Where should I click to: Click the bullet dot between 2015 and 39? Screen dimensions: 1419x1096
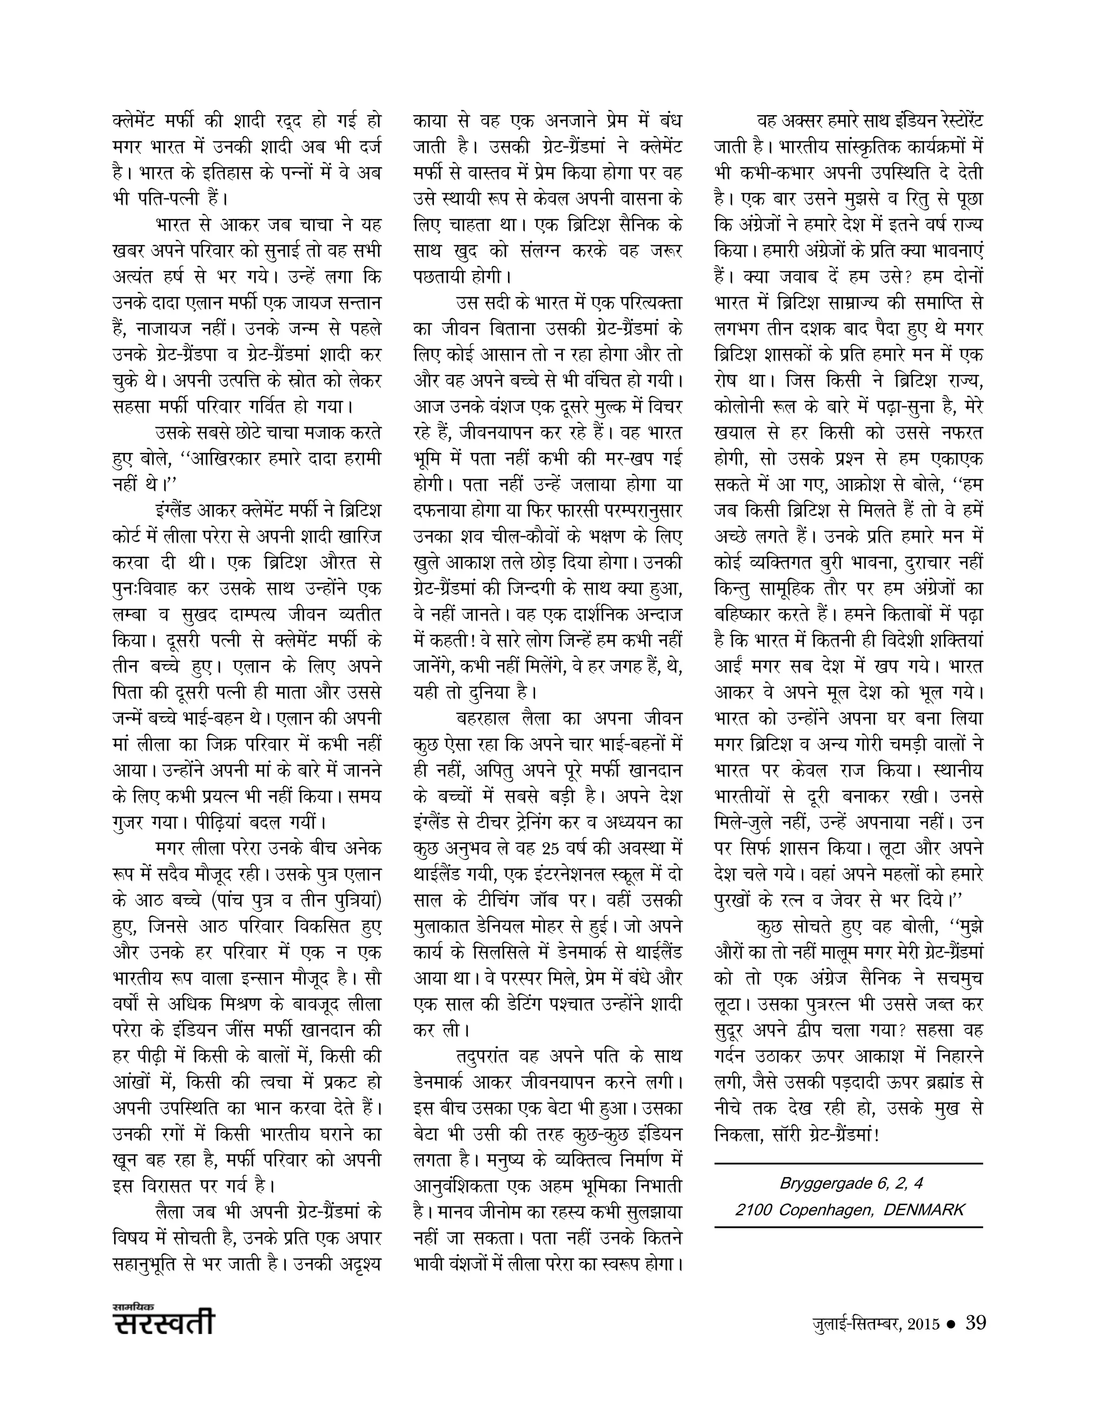click(952, 1324)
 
